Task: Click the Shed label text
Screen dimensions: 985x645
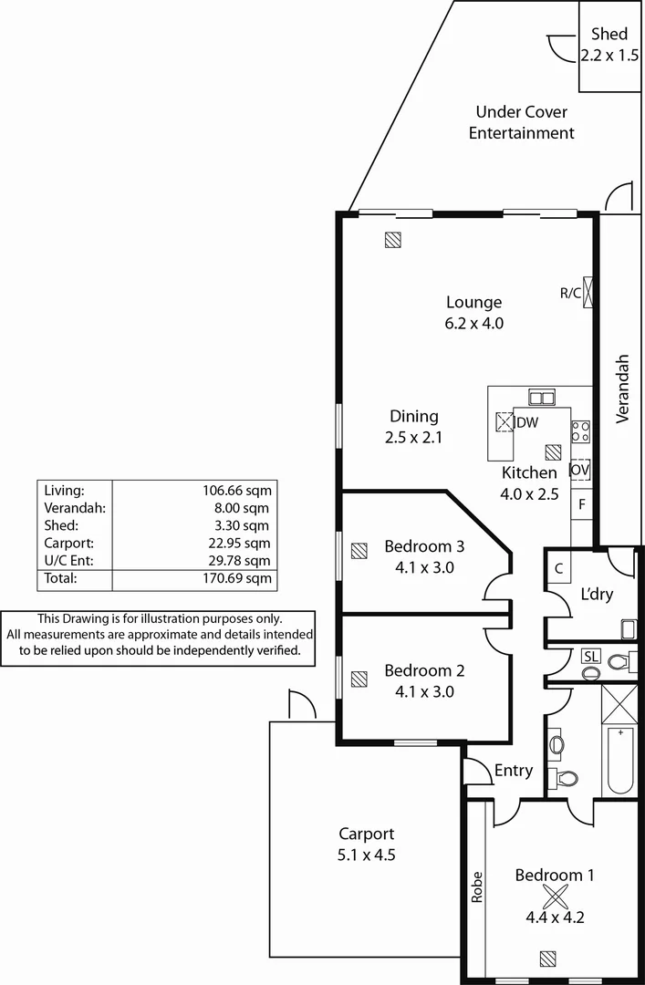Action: point(609,34)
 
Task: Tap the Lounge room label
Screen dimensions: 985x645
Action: point(473,303)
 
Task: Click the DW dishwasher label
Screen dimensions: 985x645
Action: point(527,422)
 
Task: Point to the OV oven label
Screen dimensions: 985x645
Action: point(580,470)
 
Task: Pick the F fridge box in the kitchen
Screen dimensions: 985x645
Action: point(582,503)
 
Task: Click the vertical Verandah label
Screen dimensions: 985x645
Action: point(623,388)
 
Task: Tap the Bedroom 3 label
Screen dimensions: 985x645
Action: point(424,547)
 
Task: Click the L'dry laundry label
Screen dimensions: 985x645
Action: point(597,595)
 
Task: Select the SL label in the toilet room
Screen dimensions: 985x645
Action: point(590,657)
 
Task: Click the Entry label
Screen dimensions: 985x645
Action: point(514,771)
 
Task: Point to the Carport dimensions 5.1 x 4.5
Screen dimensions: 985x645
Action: point(366,855)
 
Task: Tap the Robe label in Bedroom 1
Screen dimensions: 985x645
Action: point(476,887)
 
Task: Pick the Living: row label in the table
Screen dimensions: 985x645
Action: point(64,491)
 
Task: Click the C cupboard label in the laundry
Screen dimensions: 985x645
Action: point(558,567)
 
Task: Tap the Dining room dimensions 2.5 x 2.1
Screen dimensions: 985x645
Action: point(413,437)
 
